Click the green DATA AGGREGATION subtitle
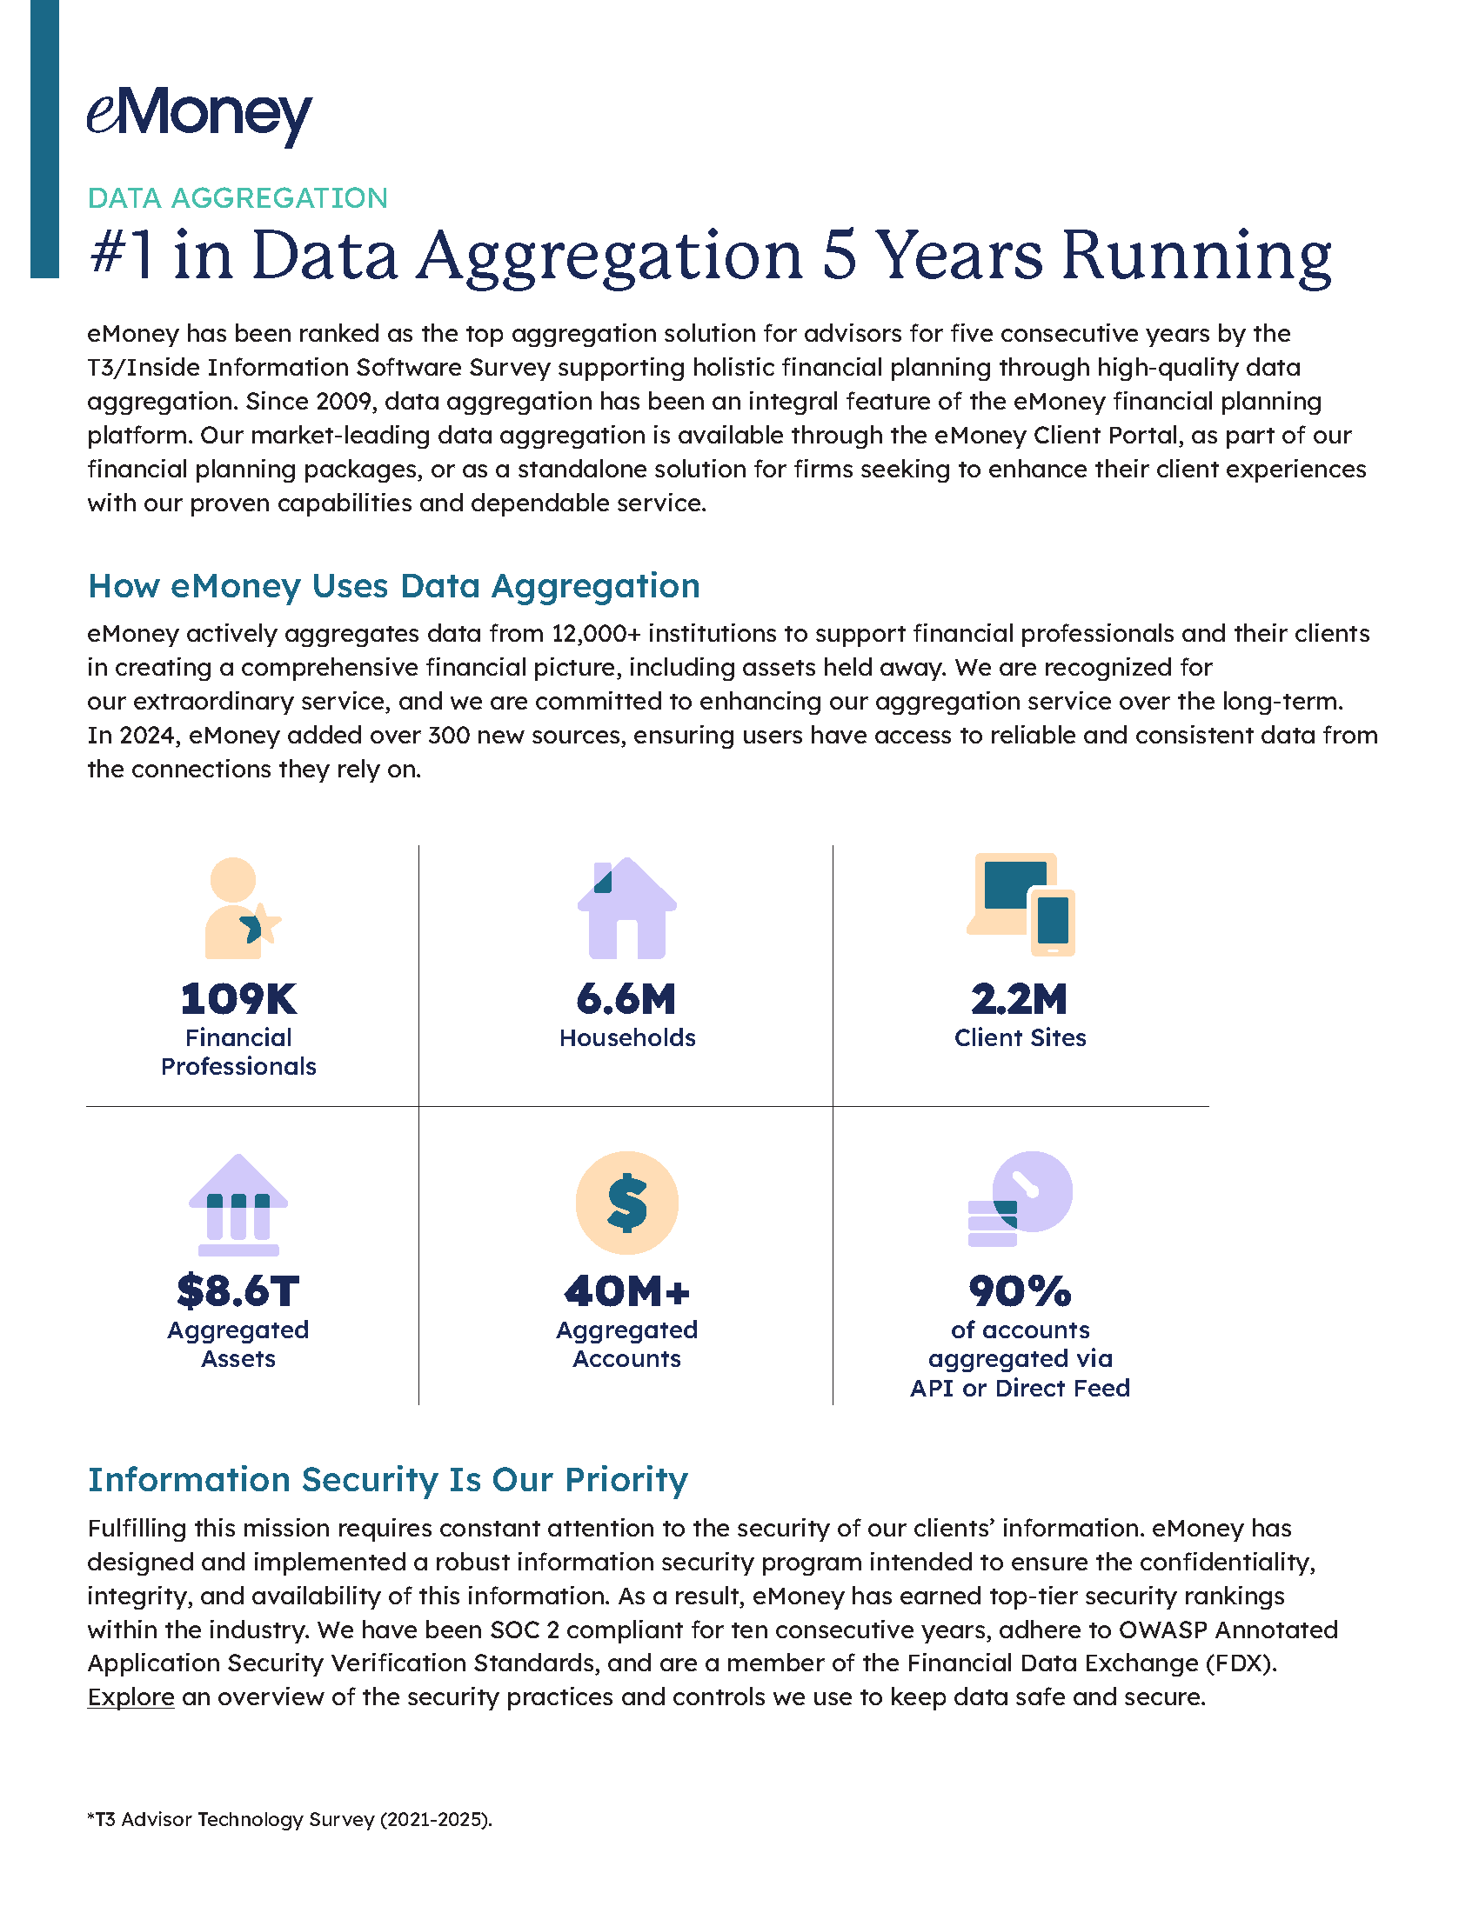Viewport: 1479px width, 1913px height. tap(238, 198)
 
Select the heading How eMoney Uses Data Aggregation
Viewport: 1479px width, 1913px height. tap(393, 586)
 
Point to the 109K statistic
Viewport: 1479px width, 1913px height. tap(238, 998)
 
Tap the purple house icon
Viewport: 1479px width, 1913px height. tap(626, 908)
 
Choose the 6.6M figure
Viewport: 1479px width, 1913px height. tap(626, 998)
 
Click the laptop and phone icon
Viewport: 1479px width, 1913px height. tap(1021, 905)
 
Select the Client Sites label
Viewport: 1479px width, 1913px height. tap(1020, 1038)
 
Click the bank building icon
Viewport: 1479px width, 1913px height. tap(238, 1205)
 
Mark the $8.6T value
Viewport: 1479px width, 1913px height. tap(238, 1291)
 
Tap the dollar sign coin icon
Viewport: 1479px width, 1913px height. tap(626, 1203)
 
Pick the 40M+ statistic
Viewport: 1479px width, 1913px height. tap(626, 1291)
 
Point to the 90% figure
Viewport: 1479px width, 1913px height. tap(1020, 1291)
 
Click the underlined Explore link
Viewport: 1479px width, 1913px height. tap(130, 1697)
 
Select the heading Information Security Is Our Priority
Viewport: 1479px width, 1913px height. tap(387, 1479)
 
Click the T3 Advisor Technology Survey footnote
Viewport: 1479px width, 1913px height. tap(289, 1819)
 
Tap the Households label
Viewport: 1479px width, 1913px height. tap(627, 1038)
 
